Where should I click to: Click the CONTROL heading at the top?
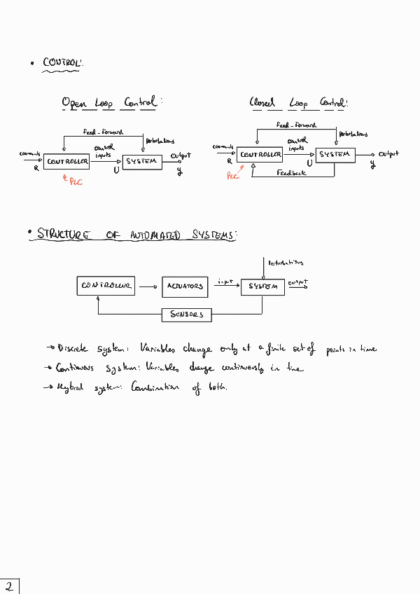tap(63, 64)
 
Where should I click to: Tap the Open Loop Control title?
tap(110, 103)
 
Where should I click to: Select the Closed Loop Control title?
tap(298, 103)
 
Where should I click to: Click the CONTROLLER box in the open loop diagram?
tap(67, 162)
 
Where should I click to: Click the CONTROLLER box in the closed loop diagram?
tap(260, 155)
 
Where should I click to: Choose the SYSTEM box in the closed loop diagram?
tap(335, 154)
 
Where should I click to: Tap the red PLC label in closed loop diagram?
tap(233, 177)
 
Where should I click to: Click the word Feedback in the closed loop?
tap(291, 172)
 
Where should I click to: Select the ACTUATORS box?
tap(185, 286)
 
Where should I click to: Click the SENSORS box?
tap(187, 315)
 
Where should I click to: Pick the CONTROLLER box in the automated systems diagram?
tap(106, 286)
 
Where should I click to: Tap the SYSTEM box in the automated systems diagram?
tap(262, 286)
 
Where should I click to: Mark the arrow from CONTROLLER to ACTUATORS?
tap(147, 286)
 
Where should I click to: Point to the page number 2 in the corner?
tap(9, 586)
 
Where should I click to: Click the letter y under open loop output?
tap(179, 171)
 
